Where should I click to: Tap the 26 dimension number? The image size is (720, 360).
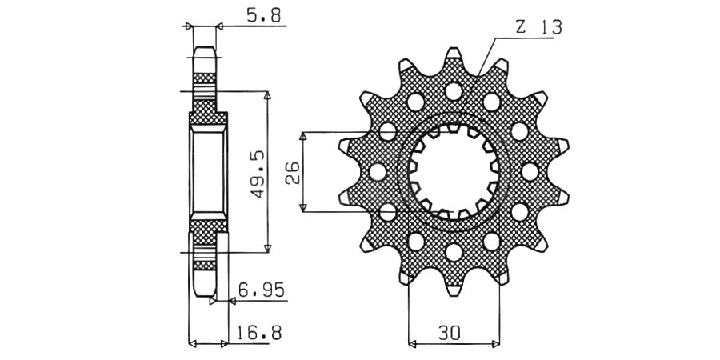293,172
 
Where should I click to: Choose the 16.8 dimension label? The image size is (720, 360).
259,333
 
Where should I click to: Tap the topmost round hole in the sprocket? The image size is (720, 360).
454,90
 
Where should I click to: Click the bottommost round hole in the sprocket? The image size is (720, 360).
454,254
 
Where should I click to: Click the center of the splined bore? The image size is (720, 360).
454,171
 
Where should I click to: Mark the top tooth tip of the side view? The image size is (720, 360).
205,51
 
